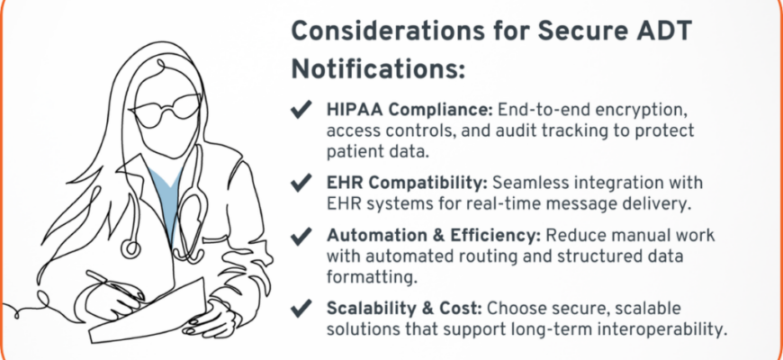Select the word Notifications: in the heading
click(378, 69)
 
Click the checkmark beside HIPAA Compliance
click(301, 109)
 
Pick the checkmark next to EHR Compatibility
click(301, 183)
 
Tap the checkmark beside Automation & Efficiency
click(301, 236)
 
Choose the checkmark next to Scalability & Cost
click(301, 309)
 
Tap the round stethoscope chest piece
click(130, 248)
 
